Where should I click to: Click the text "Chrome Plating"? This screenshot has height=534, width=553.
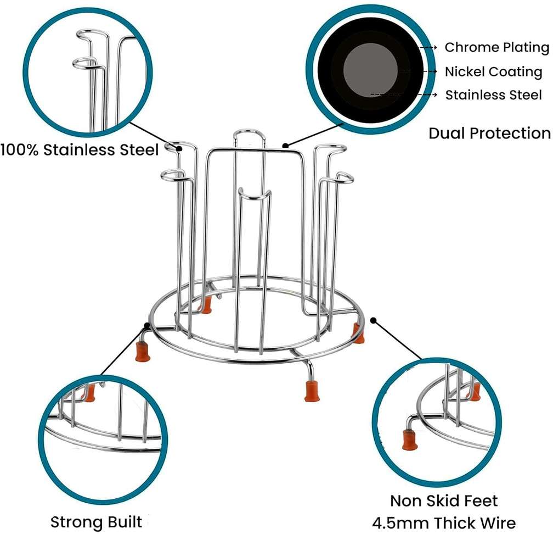496,47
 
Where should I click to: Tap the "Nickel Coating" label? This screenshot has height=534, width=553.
493,71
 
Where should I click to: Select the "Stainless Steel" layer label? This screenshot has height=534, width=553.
493,95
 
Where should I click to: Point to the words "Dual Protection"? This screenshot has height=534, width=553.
489,133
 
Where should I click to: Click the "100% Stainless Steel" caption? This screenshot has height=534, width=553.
80,149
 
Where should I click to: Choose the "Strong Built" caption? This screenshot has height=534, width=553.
96,521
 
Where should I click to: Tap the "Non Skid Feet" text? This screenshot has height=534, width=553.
444,500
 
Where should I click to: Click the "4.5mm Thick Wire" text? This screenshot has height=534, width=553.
444,522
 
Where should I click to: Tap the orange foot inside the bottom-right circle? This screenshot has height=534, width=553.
409,440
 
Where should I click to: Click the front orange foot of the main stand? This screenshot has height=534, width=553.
311,391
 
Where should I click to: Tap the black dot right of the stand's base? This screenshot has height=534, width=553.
374,319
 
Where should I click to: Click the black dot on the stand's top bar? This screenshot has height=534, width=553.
285,146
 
